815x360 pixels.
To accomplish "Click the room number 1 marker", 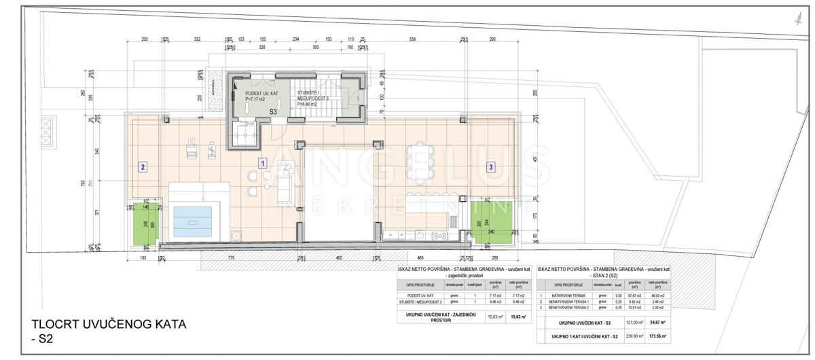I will [x=263, y=163].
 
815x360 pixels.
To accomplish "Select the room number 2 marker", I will [x=142, y=166].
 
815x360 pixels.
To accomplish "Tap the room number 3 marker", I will [x=490, y=166].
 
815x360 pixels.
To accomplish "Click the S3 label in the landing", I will [x=273, y=111].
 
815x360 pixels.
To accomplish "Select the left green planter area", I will [x=144, y=223].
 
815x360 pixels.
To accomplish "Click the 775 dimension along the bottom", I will [x=231, y=257].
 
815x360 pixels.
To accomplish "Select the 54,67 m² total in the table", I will [x=657, y=323].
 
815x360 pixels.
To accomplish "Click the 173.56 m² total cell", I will [x=657, y=336].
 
